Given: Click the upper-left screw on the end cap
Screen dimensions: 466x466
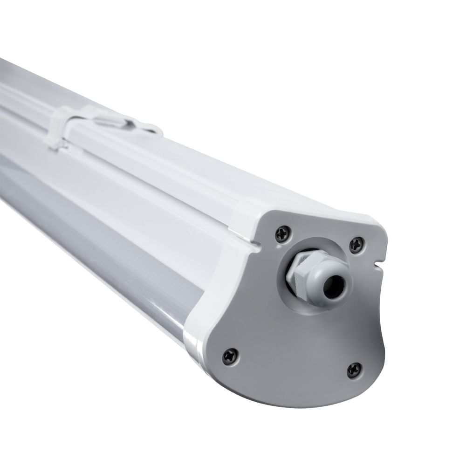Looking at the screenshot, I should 282,233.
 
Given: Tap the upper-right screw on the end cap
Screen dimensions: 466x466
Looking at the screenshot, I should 357,244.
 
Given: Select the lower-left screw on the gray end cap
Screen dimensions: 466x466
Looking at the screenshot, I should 230,356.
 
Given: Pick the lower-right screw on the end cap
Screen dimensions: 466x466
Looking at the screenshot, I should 355,370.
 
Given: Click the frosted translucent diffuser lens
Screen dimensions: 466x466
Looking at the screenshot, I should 93,242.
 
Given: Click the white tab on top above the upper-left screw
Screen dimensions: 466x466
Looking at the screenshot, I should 249,207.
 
